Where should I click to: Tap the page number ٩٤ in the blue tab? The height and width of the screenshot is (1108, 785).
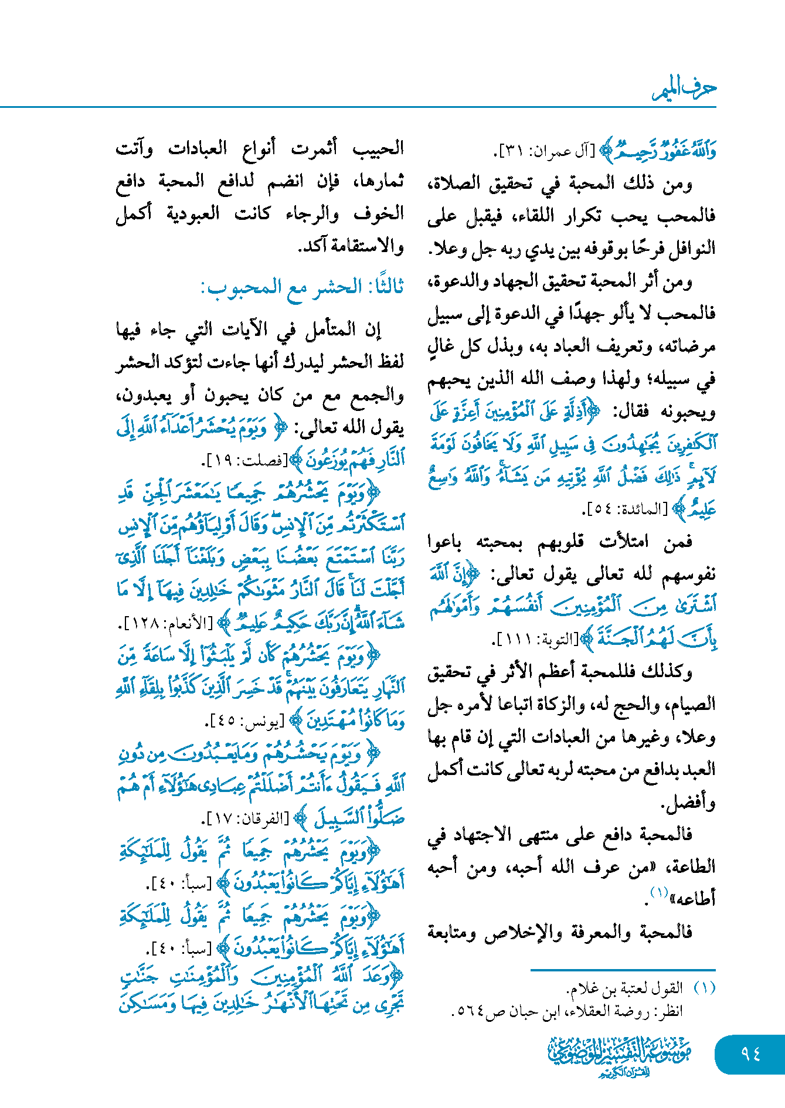[750, 1053]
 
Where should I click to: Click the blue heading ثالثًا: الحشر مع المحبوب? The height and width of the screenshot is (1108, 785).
[303, 287]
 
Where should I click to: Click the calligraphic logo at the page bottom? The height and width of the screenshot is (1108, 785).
[620, 1056]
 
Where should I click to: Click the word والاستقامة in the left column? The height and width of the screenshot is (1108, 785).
[363, 246]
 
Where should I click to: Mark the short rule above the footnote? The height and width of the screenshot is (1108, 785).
[623, 970]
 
